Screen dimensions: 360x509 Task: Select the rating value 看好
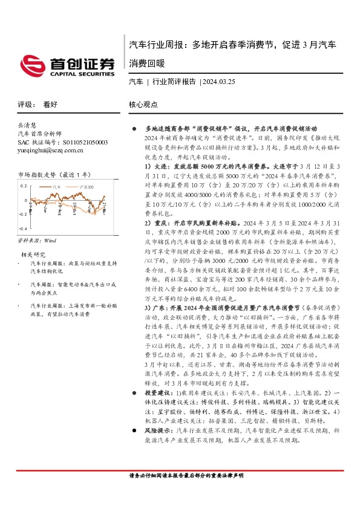(x=50, y=104)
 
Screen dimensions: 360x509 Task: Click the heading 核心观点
(x=143, y=104)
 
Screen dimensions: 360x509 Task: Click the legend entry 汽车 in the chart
(x=60, y=187)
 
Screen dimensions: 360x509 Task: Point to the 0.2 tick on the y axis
(x=24, y=187)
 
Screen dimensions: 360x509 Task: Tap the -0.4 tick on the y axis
(x=22, y=229)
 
